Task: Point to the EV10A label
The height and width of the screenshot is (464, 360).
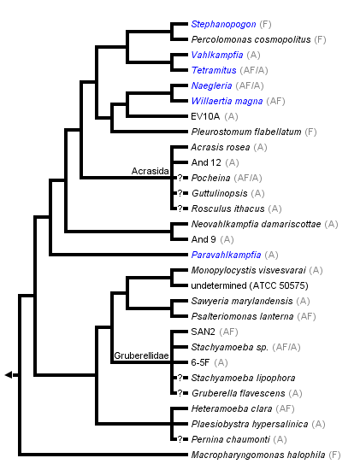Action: [x=206, y=116]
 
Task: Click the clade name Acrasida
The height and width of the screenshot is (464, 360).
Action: [x=149, y=171]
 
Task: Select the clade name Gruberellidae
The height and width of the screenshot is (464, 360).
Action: [x=139, y=355]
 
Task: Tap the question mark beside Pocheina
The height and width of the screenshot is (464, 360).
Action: [x=180, y=178]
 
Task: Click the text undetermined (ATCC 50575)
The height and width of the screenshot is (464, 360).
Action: [x=244, y=285]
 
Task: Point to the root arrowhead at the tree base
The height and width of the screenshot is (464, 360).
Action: [x=9, y=375]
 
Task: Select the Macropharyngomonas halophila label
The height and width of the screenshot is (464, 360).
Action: [x=257, y=455]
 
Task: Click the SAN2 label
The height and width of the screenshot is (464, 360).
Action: [x=204, y=332]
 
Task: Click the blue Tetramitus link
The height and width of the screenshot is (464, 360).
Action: [x=214, y=71]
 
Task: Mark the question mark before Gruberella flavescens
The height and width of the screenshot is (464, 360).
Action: [x=180, y=393]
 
